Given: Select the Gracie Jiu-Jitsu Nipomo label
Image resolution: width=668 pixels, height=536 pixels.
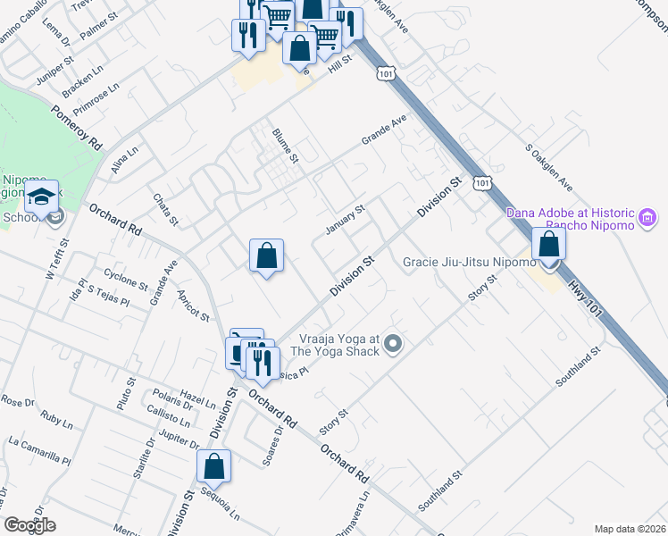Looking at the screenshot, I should [x=469, y=263].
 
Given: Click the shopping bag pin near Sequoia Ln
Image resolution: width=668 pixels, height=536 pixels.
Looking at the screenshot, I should [x=214, y=466].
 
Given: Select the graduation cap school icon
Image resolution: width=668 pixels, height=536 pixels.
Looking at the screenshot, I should [x=41, y=197].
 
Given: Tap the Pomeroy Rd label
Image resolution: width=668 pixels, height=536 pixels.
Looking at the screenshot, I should [x=78, y=128].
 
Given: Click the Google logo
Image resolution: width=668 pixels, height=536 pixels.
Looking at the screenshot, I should [x=29, y=525].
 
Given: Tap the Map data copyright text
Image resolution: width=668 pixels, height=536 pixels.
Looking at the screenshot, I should [x=630, y=529].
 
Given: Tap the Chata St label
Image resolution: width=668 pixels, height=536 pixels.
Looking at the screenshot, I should [x=166, y=210].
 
